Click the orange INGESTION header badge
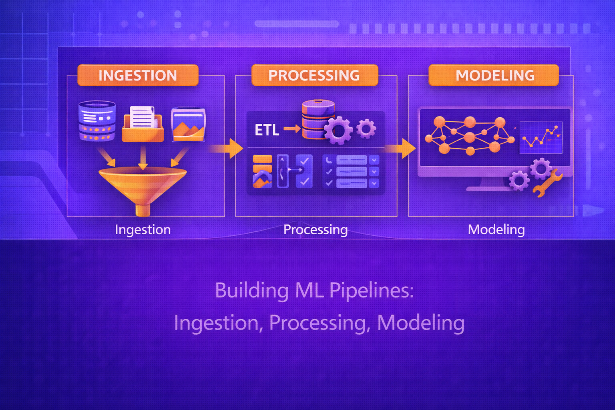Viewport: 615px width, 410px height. (x=138, y=75)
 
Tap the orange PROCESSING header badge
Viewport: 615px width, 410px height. (x=314, y=75)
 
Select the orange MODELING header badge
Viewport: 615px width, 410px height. (x=494, y=75)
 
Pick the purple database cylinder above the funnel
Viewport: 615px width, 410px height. (x=97, y=121)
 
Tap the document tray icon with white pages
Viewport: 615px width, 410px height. (x=143, y=124)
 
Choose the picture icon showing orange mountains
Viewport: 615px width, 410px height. (x=188, y=124)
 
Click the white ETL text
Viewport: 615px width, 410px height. (x=267, y=130)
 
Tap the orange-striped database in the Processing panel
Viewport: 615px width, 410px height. (x=318, y=119)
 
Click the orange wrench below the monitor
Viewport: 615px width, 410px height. (x=548, y=183)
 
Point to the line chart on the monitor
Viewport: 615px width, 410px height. (x=541, y=137)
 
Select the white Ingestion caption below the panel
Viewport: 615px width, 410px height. (x=143, y=229)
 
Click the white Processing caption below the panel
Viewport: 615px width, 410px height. (x=316, y=229)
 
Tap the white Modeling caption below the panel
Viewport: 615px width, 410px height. (x=496, y=229)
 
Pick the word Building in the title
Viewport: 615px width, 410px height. (x=251, y=290)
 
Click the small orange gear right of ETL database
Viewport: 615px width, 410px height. (x=366, y=129)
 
